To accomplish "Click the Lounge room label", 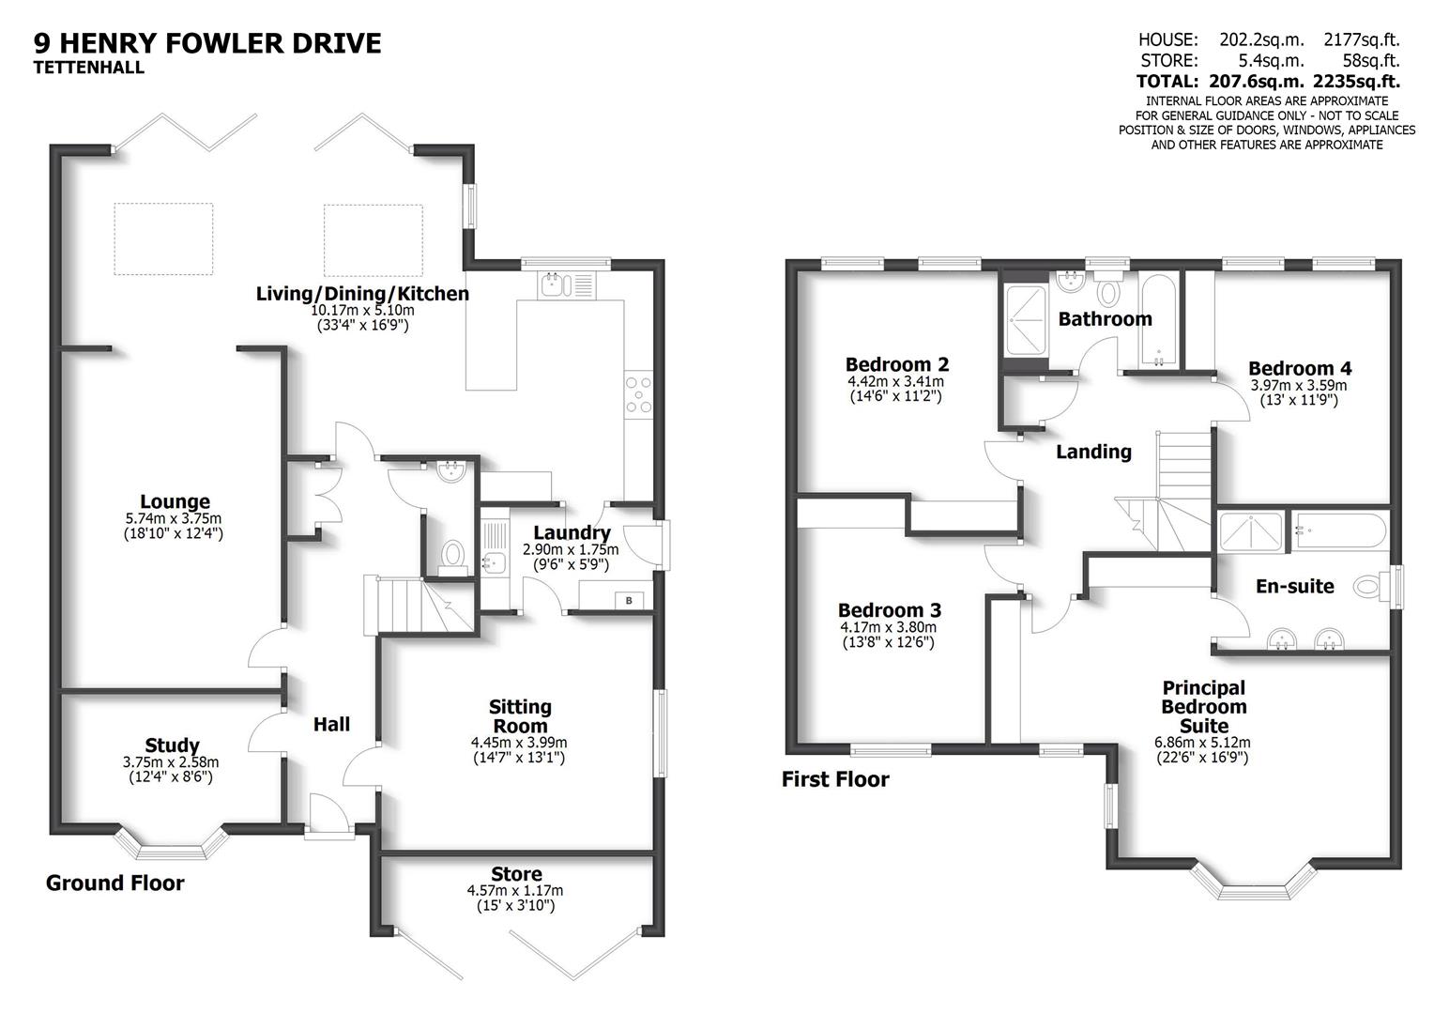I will (175, 501).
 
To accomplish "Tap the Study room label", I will (172, 746).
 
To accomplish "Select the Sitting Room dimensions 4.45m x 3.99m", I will (519, 742).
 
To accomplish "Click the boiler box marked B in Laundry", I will (629, 600).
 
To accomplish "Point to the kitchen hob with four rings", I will (639, 394).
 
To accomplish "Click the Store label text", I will (515, 874).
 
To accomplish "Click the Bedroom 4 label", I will (1299, 369).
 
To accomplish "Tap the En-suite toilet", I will (1370, 588).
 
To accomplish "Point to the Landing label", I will (1093, 452).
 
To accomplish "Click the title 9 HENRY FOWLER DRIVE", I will (207, 43).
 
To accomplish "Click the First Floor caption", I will (834, 779).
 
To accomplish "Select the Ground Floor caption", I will (114, 883).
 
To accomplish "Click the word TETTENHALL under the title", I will (89, 68).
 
